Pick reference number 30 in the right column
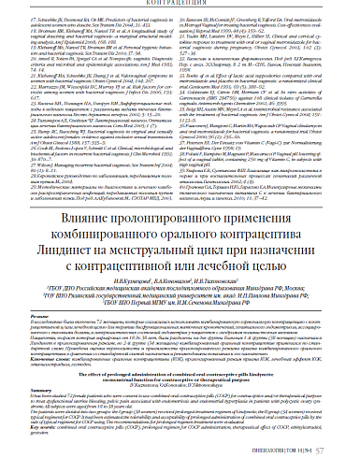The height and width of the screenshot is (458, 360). point(187,17)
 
